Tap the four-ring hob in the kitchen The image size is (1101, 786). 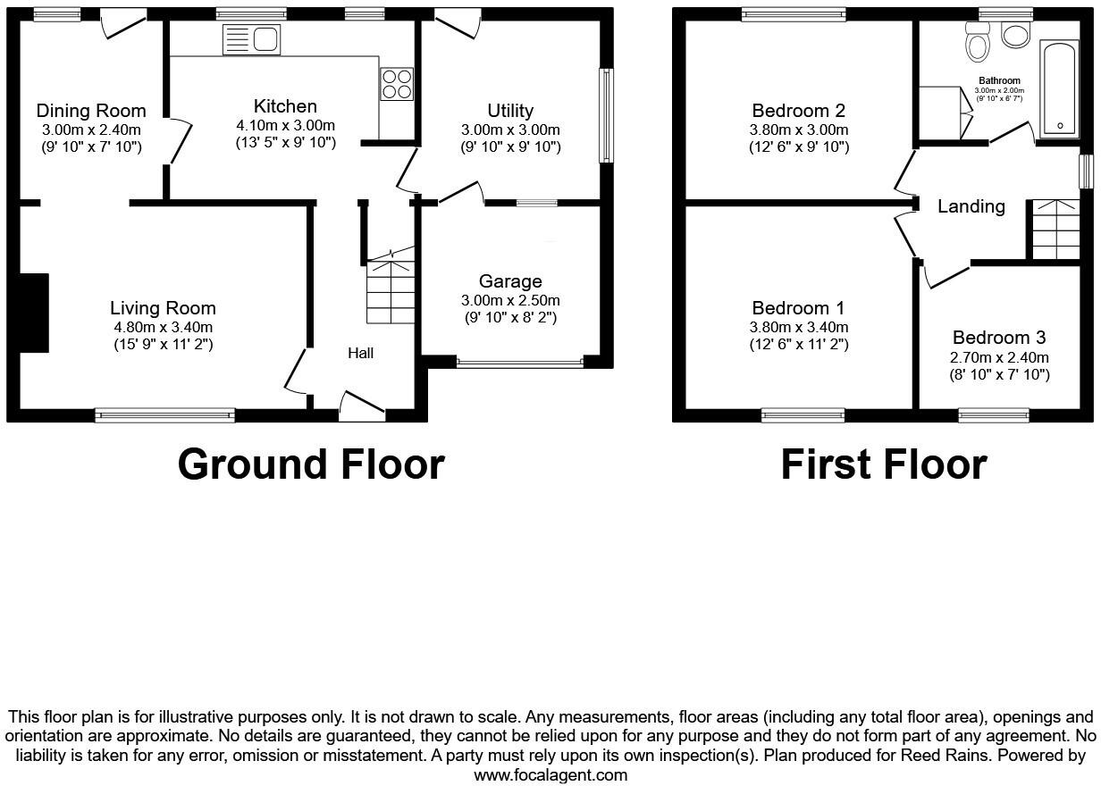point(397,83)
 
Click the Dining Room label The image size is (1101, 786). point(91,111)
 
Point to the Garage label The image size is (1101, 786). point(510,281)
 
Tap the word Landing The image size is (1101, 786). point(971,206)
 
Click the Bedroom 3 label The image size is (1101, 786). point(998,338)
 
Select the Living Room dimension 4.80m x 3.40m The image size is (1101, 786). point(163,327)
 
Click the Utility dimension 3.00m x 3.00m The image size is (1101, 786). point(510,130)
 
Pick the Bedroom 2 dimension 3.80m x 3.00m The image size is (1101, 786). point(798,130)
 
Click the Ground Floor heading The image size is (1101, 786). point(310,464)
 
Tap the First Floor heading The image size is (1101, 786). point(883,464)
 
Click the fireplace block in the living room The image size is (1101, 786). point(34,313)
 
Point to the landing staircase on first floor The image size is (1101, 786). point(1055,230)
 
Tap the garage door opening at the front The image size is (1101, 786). point(519,363)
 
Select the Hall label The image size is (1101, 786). point(360,354)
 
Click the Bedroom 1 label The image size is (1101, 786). point(798,308)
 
